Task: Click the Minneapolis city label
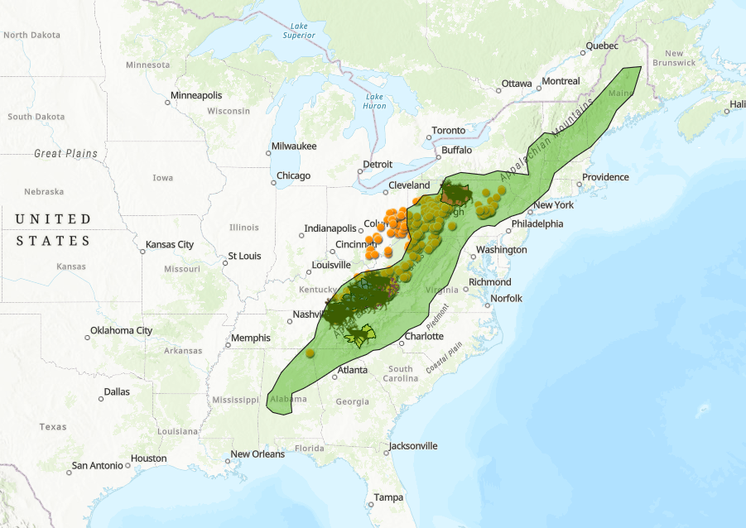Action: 196,96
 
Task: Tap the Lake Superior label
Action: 299,31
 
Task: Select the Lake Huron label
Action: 374,101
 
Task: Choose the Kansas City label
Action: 170,245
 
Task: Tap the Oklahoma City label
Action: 122,331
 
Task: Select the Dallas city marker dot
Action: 101,399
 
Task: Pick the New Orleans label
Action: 257,454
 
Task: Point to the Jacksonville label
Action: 412,446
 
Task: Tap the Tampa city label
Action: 388,498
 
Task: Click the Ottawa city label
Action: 517,84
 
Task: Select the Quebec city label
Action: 602,46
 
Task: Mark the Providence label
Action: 605,177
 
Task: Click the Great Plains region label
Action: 65,154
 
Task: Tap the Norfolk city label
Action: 507,299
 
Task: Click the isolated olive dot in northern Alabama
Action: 310,353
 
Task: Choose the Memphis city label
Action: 251,338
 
